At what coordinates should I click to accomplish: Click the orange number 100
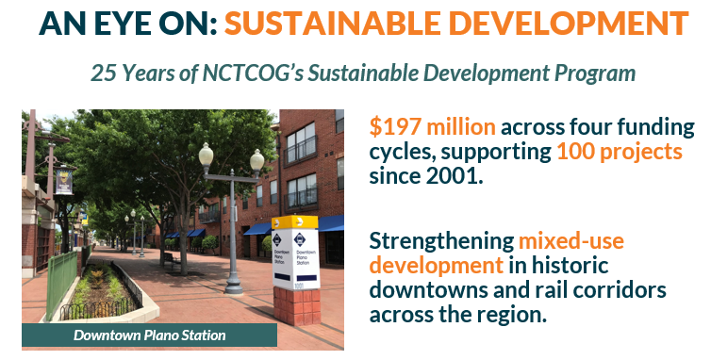pos(576,151)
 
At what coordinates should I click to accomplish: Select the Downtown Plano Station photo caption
pos(150,335)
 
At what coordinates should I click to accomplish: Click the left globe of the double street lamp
pos(206,154)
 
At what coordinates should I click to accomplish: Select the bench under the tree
pos(170,256)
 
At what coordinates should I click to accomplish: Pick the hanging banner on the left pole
pos(64,181)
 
